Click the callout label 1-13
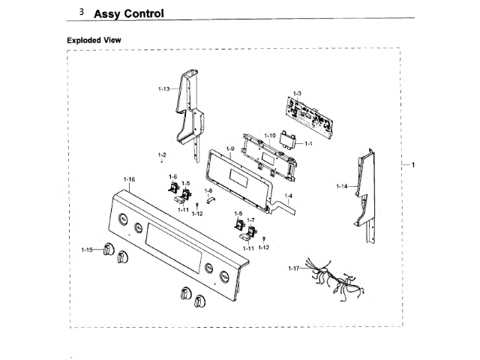pos(163,89)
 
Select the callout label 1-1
pos(308,142)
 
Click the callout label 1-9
pos(230,149)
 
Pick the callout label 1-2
pos(162,154)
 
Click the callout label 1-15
pos(87,249)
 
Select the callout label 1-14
pos(342,186)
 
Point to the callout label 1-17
pos(294,267)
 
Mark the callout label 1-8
pos(208,191)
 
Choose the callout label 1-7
pos(251,220)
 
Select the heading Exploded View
pos(94,40)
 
